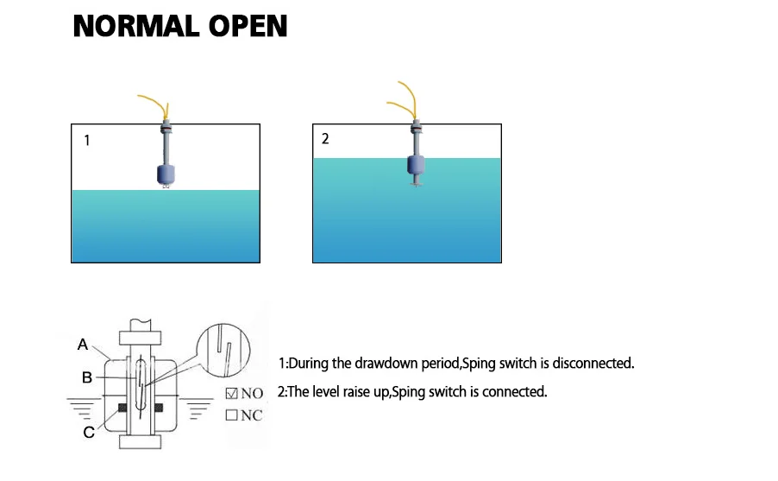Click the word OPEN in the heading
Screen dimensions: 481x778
point(248,26)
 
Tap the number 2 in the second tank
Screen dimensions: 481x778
point(325,139)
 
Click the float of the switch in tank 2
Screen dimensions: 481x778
point(416,163)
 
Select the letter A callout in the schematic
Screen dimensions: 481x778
point(83,345)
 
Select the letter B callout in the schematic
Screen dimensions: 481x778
point(86,377)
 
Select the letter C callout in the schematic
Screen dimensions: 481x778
point(88,433)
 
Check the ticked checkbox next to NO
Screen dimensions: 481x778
point(231,394)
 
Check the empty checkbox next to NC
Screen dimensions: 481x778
point(231,415)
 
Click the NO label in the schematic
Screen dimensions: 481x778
point(252,394)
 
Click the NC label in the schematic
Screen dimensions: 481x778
point(252,415)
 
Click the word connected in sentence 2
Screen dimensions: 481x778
point(515,392)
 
